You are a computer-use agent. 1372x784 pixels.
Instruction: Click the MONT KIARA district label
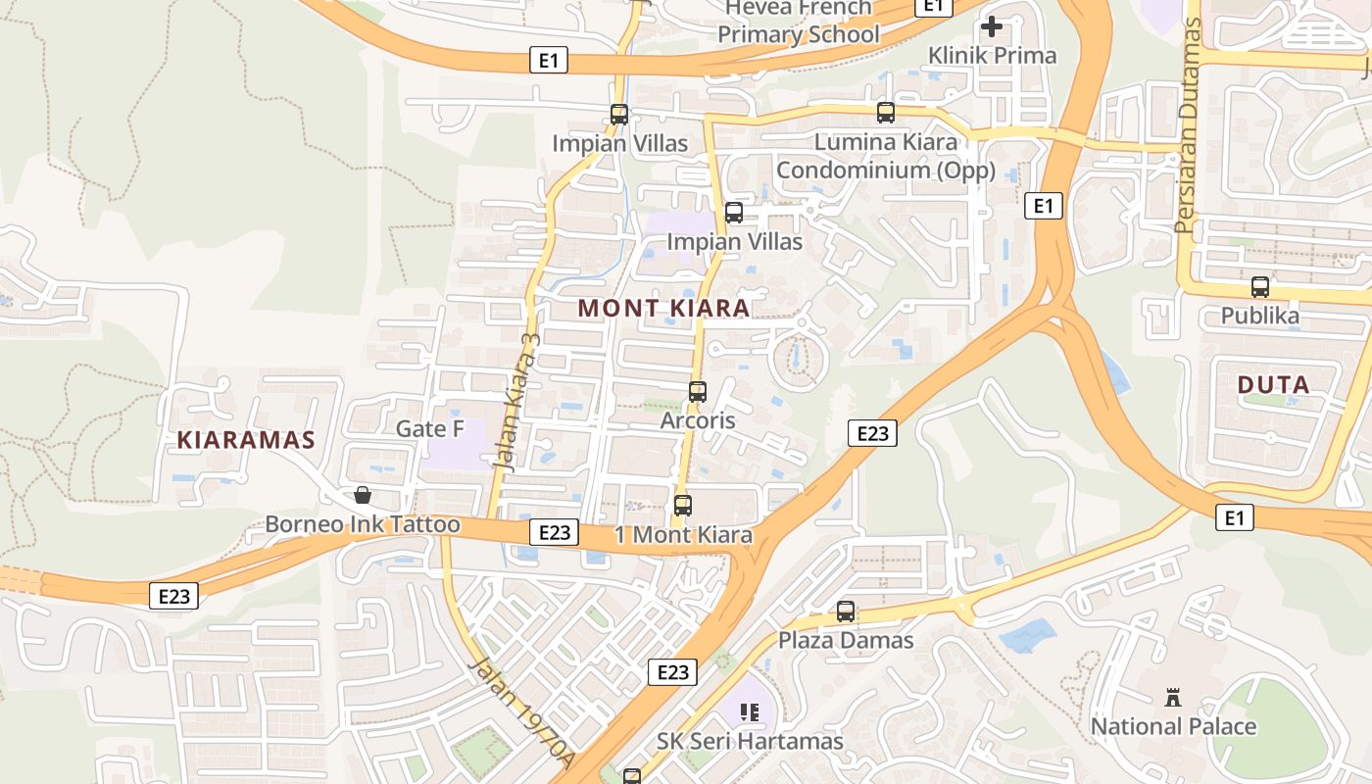pyautogui.click(x=663, y=308)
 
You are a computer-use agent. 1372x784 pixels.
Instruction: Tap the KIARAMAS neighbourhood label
pyautogui.click(x=246, y=440)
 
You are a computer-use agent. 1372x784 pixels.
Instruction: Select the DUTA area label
pyautogui.click(x=1273, y=385)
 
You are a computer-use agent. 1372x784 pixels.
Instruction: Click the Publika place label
pyautogui.click(x=1259, y=316)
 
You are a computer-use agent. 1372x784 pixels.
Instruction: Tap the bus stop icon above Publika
pyautogui.click(x=1259, y=287)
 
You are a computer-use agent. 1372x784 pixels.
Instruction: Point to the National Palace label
pyautogui.click(x=1173, y=726)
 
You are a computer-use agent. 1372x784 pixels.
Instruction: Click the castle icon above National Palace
pyautogui.click(x=1172, y=698)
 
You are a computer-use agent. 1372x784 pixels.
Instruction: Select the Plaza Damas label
pyautogui.click(x=845, y=640)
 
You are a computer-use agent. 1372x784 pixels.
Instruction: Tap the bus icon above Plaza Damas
pyautogui.click(x=845, y=612)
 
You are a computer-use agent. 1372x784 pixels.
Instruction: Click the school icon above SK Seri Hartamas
pyautogui.click(x=750, y=712)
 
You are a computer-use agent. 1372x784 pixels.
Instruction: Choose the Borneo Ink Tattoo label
pyautogui.click(x=362, y=524)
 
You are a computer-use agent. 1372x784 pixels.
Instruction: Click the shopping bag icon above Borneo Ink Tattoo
pyautogui.click(x=362, y=495)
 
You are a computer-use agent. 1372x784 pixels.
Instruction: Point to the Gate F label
pyautogui.click(x=429, y=428)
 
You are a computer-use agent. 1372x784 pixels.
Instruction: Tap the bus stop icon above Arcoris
pyautogui.click(x=697, y=392)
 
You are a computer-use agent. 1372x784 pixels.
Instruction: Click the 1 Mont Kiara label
pyautogui.click(x=683, y=535)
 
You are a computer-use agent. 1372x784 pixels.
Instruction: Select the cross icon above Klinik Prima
pyautogui.click(x=992, y=26)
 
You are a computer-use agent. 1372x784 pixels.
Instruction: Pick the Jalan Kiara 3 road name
pyautogui.click(x=517, y=398)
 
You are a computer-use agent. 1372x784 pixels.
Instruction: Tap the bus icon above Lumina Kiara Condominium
pyautogui.click(x=885, y=113)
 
